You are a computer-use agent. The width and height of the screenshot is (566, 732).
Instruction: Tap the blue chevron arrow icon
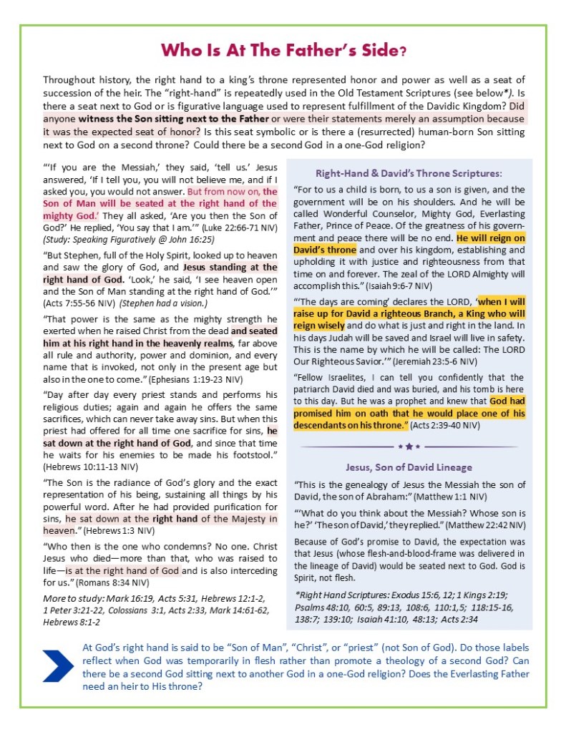[x=58, y=665]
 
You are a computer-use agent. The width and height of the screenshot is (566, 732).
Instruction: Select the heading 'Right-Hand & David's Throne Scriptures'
[x=409, y=173]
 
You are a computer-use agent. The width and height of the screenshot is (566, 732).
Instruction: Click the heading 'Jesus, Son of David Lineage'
[x=409, y=467]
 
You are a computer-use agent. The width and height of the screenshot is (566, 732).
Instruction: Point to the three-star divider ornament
[x=409, y=446]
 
